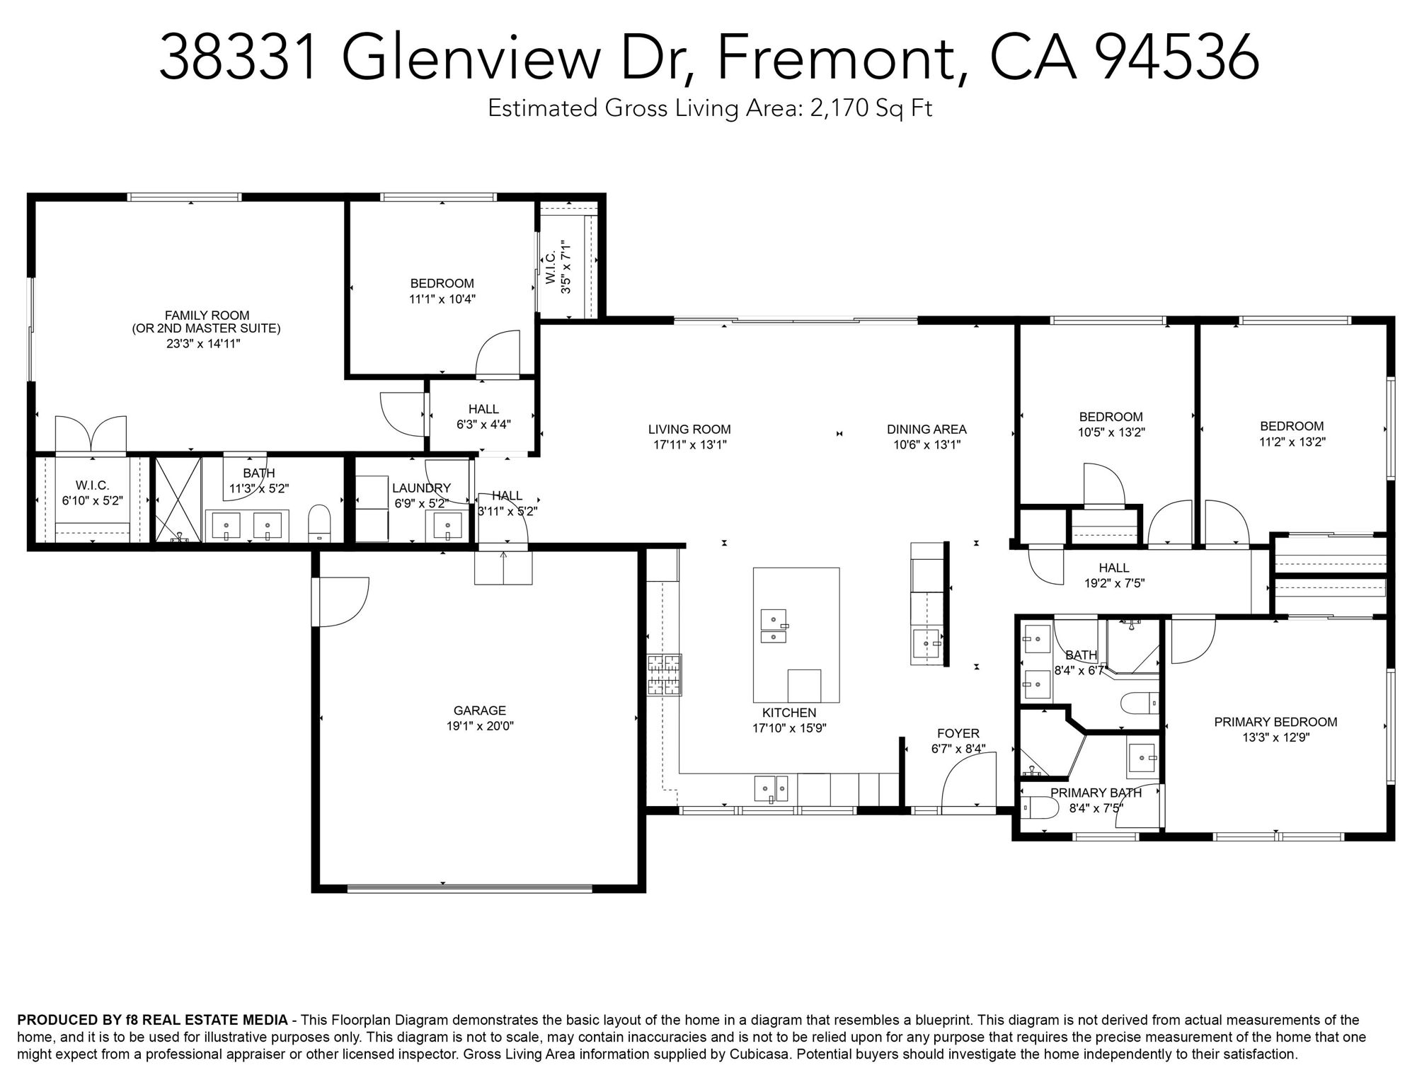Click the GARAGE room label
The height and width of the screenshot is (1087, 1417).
480,711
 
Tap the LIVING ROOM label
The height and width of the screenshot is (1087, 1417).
689,429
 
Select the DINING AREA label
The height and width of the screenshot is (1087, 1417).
926,429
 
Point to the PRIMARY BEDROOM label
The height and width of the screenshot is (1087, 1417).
1275,722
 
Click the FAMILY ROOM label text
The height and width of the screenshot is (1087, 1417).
207,316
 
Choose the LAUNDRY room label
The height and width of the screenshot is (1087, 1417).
421,488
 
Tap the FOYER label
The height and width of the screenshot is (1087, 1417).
958,733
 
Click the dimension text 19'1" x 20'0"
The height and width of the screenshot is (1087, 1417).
480,726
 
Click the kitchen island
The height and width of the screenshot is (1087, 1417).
796,635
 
